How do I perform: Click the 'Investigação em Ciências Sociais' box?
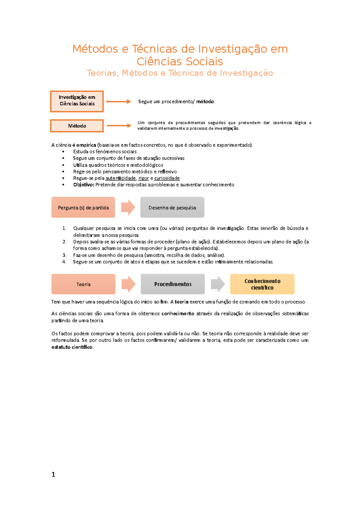(x=77, y=101)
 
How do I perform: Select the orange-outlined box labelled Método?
(x=77, y=126)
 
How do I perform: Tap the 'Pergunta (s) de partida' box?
(x=83, y=207)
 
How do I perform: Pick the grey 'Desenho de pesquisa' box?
(x=172, y=207)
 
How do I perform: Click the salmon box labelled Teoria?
(x=83, y=284)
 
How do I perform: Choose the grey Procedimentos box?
(x=173, y=284)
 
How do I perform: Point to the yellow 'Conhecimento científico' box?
(x=262, y=284)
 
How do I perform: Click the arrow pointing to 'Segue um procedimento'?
(x=118, y=102)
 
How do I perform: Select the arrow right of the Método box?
(x=119, y=126)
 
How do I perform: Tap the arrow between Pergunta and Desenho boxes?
(x=128, y=207)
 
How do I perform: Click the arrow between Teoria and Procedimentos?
(x=128, y=284)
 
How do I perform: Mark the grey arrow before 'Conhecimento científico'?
(x=218, y=284)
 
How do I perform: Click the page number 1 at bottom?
(x=53, y=475)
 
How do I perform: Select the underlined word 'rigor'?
(x=144, y=178)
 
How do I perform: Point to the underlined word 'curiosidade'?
(x=167, y=178)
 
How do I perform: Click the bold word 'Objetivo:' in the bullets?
(x=84, y=185)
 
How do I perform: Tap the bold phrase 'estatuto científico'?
(x=72, y=347)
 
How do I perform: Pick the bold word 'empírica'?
(x=86, y=145)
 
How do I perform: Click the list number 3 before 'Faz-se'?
(x=64, y=255)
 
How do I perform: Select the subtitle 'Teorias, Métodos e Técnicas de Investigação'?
(x=180, y=73)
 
